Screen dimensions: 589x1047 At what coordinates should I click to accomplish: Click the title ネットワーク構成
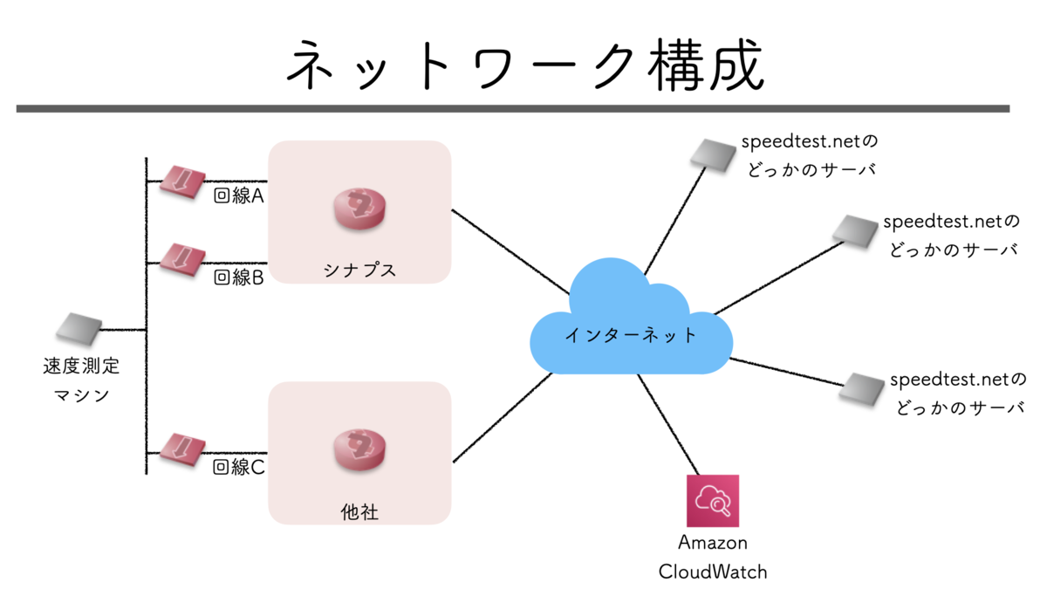tap(524, 65)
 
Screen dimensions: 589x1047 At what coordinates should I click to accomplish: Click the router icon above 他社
tap(359, 450)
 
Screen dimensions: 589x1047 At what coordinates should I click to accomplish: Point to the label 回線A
tap(239, 195)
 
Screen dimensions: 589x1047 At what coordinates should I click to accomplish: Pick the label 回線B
tap(239, 277)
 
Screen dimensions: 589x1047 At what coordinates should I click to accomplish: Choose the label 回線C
tap(239, 468)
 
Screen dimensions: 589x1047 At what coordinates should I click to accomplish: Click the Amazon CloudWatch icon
tap(713, 501)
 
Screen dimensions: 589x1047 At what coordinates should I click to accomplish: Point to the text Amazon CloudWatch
tap(713, 558)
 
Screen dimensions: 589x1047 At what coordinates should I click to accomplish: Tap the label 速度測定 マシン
tap(81, 380)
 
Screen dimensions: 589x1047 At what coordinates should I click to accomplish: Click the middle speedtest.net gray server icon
tap(854, 229)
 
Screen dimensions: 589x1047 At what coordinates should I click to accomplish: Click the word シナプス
tap(359, 270)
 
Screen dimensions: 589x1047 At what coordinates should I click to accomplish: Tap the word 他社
tap(359, 511)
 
